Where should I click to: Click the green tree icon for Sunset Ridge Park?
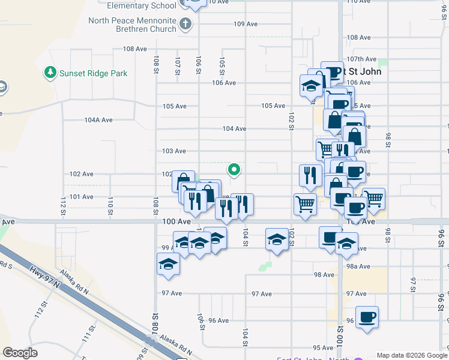coord(50,73)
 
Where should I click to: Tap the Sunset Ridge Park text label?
coord(94,73)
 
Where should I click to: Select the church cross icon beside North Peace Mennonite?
coord(185,25)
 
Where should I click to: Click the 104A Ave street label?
coord(98,120)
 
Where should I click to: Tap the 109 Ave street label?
coord(246,24)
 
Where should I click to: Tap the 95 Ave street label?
coord(323,347)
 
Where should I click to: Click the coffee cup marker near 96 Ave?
coord(366,317)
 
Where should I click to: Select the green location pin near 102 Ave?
coord(234,170)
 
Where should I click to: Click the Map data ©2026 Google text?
coord(412,355)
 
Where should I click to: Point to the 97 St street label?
coord(413,281)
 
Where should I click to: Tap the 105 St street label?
coord(222,65)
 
